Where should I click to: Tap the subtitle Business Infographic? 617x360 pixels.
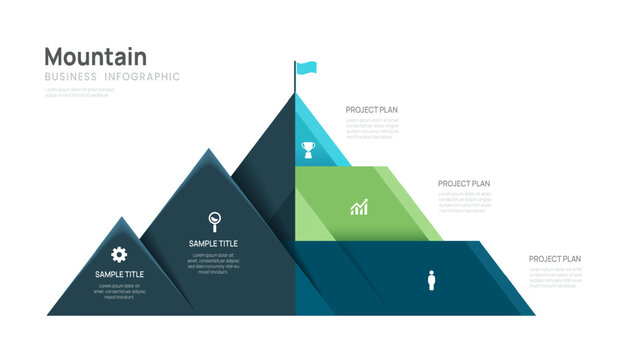click(x=113, y=77)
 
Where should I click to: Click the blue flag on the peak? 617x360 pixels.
click(x=306, y=68)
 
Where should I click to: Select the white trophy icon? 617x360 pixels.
click(x=308, y=149)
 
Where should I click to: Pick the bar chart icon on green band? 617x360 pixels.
click(x=359, y=207)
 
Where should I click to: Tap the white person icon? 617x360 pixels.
click(x=431, y=280)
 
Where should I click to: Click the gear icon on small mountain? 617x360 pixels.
click(x=119, y=254)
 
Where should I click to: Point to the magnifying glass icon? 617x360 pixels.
click(x=214, y=220)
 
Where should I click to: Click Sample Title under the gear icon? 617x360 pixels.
click(x=119, y=274)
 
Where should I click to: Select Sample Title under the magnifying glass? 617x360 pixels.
click(x=213, y=243)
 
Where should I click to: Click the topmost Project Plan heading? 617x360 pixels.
click(x=372, y=109)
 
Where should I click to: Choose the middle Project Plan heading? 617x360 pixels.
click(x=464, y=183)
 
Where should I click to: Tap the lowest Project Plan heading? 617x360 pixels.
click(x=555, y=259)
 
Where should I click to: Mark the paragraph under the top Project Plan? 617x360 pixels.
click(x=372, y=127)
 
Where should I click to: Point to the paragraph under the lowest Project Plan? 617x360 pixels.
click(x=555, y=276)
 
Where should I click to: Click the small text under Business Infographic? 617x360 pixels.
click(x=79, y=92)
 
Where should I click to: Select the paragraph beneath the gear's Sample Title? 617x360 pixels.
click(x=119, y=291)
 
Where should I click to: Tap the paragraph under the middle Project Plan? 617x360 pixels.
click(x=464, y=201)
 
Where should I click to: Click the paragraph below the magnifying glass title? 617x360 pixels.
click(x=213, y=263)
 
